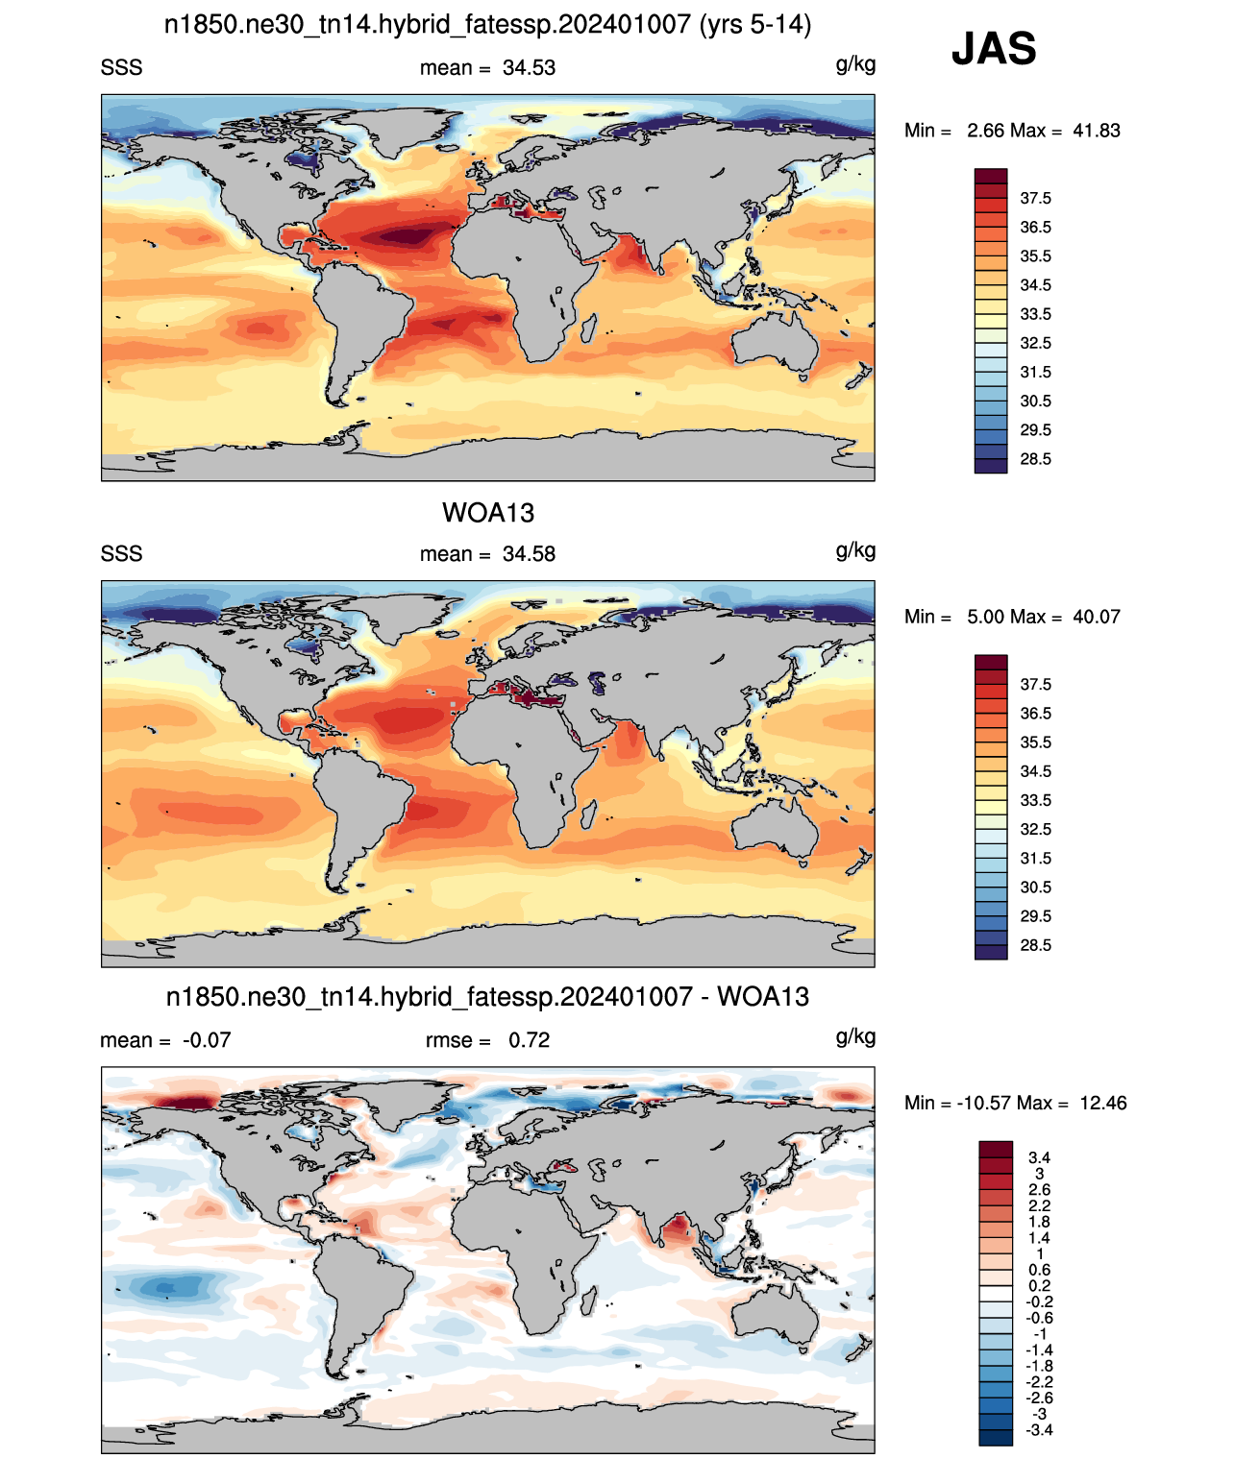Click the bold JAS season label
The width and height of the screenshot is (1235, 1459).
(x=993, y=48)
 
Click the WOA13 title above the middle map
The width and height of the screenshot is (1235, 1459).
(x=488, y=513)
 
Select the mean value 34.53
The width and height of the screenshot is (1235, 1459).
(x=529, y=68)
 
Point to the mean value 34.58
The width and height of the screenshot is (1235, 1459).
(x=529, y=554)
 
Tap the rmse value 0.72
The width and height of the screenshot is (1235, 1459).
(x=529, y=1040)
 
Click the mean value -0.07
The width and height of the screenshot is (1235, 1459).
(x=207, y=1040)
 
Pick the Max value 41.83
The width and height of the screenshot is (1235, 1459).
(x=1097, y=131)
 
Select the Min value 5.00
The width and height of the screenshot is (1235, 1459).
(x=984, y=617)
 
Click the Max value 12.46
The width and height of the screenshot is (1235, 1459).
(x=1103, y=1104)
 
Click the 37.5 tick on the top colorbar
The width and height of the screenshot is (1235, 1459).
(x=1035, y=199)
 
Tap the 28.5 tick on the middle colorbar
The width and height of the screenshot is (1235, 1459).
(x=1035, y=945)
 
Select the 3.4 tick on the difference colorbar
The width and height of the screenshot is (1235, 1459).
(x=1039, y=1157)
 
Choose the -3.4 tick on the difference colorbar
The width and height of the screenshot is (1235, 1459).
(x=1039, y=1430)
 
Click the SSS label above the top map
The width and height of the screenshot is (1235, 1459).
(x=121, y=68)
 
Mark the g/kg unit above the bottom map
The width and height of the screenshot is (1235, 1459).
(x=855, y=1036)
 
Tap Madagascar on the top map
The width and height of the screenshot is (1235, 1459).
(x=587, y=328)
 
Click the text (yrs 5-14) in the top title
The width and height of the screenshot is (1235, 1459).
(x=754, y=25)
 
